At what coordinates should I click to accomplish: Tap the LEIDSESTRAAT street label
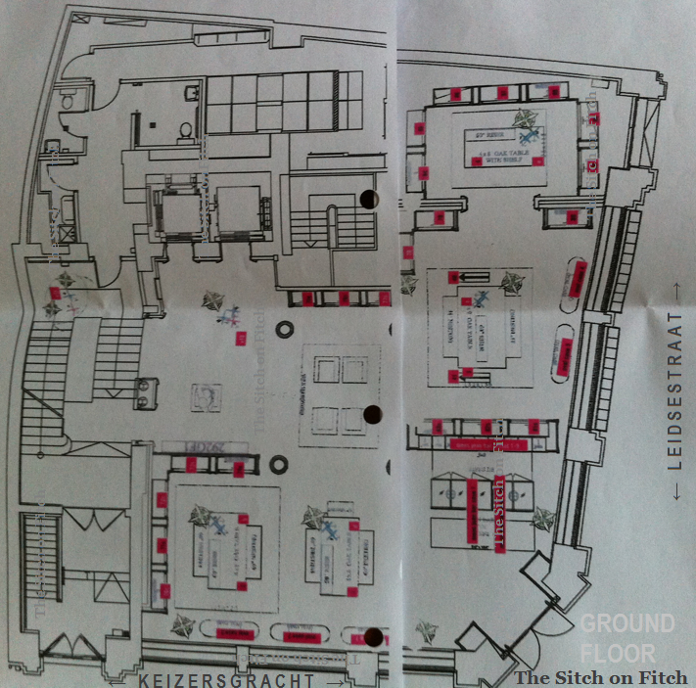(674, 391)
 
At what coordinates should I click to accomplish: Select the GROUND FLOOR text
(626, 637)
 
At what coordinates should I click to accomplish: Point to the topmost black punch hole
(369, 199)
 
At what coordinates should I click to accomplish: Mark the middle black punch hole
(371, 414)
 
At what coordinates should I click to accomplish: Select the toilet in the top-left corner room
(67, 99)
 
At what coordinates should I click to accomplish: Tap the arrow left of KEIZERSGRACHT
(125, 679)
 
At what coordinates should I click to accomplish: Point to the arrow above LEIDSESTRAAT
(674, 290)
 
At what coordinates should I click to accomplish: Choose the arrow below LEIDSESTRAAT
(674, 495)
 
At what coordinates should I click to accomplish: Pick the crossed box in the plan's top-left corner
(66, 232)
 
